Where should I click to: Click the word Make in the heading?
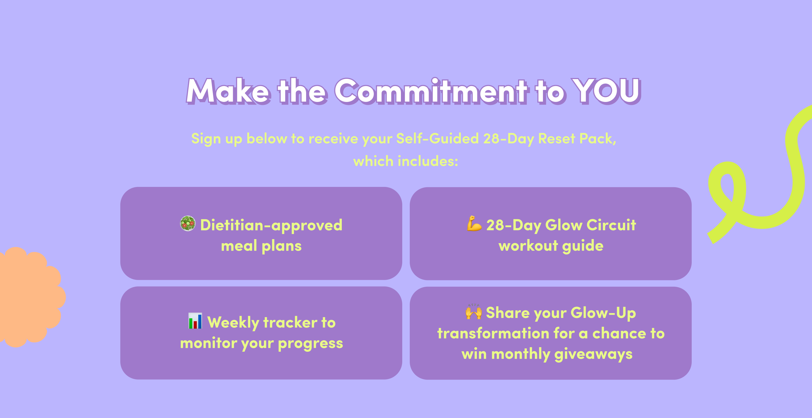point(228,91)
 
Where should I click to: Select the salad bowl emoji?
point(188,224)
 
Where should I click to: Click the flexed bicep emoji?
point(474,223)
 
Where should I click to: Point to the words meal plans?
point(261,246)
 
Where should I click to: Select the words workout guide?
point(551,246)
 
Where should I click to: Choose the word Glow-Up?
point(603,313)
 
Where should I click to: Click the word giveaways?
point(593,355)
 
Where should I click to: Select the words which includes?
point(406,161)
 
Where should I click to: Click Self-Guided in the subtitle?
point(437,139)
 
